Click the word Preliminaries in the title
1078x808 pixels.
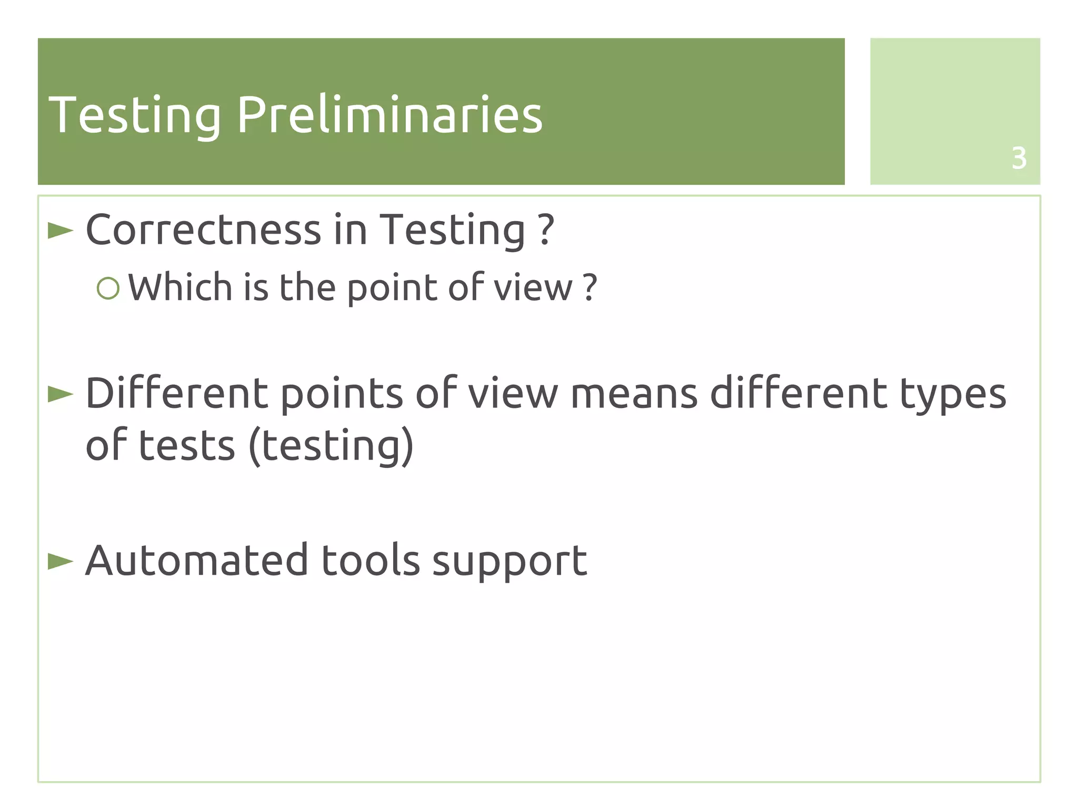[x=390, y=115]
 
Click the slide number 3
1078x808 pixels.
[x=1019, y=158]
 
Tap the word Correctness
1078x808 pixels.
[x=203, y=230]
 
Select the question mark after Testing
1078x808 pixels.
[x=546, y=230]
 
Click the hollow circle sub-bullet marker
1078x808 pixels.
[x=108, y=288]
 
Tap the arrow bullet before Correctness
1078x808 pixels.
[x=61, y=231]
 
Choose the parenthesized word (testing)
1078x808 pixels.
[x=331, y=446]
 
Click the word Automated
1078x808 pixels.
[x=196, y=560]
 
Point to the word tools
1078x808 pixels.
[x=371, y=560]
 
